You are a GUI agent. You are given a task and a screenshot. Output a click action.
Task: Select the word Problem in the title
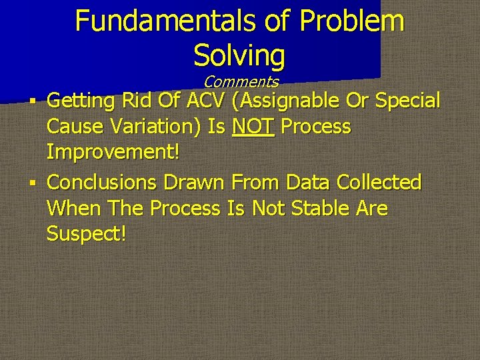tap(352, 21)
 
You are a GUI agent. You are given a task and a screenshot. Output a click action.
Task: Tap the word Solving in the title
tap(239, 56)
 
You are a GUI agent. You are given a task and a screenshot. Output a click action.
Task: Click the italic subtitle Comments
tap(241, 82)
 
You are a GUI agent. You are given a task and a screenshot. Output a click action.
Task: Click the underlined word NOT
tap(253, 127)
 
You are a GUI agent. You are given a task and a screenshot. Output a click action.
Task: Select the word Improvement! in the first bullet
tap(113, 153)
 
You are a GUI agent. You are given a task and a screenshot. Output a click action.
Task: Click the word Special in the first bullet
tap(408, 101)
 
